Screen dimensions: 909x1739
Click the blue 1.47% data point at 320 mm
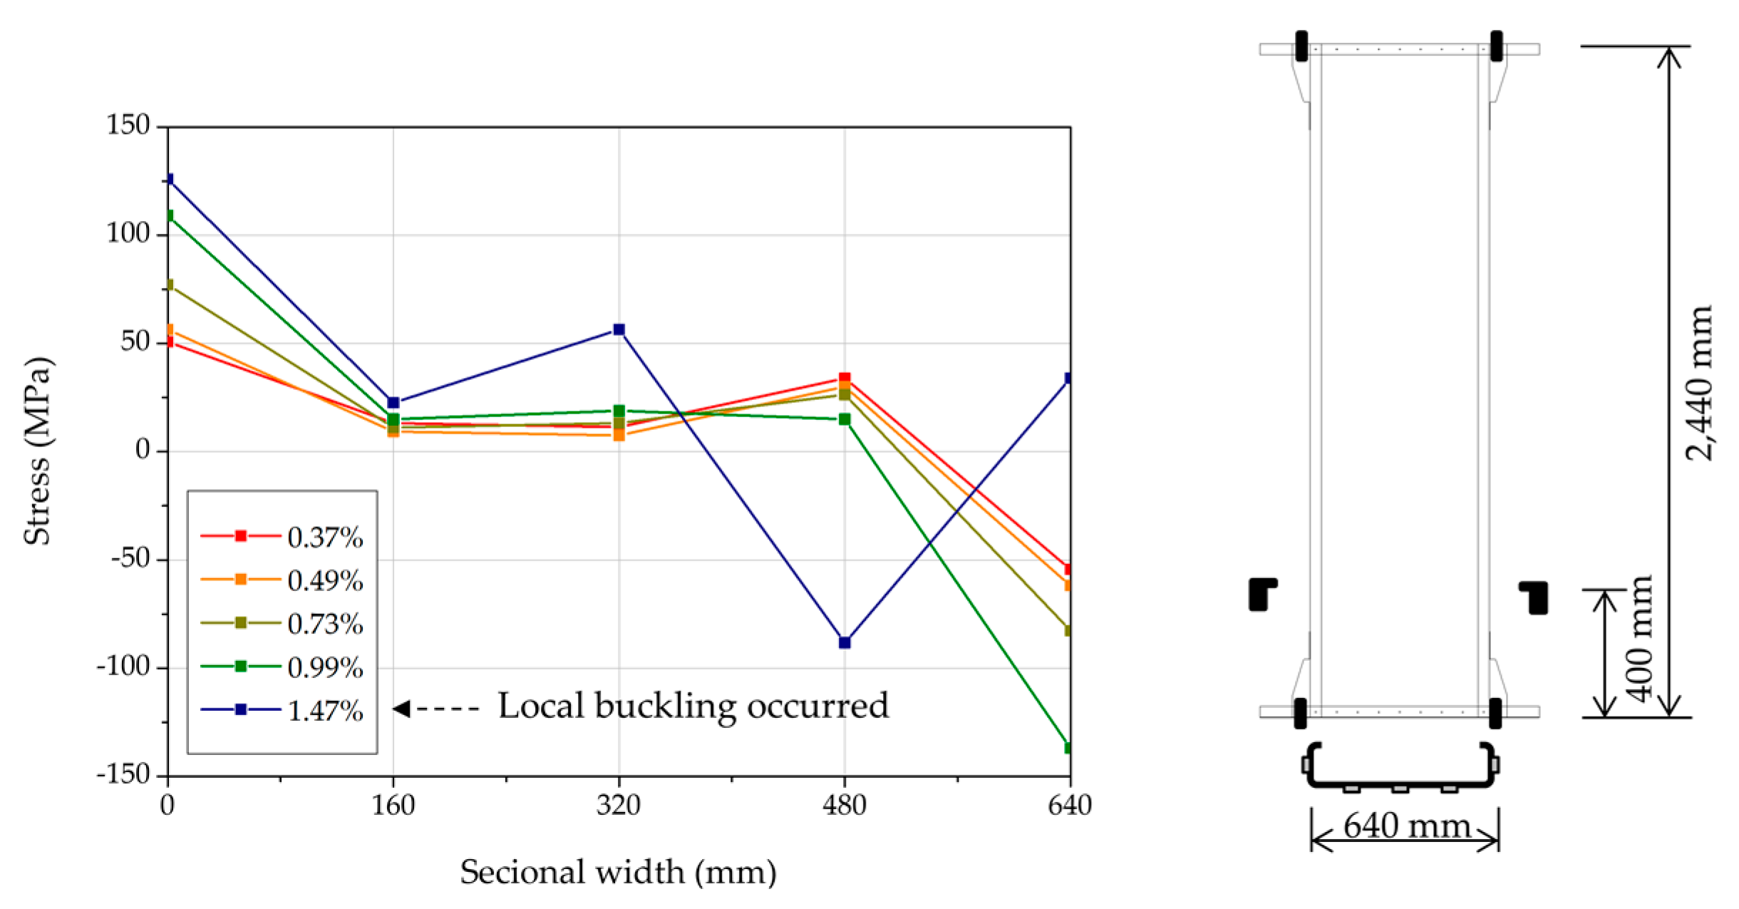click(x=619, y=329)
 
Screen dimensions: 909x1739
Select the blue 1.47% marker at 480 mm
click(x=845, y=642)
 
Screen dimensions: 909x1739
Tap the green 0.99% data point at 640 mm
click(x=1068, y=748)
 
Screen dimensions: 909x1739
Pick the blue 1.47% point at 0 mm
click(x=169, y=179)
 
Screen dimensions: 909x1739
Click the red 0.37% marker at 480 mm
click(x=845, y=378)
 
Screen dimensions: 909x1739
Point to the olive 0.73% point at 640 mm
click(x=1068, y=630)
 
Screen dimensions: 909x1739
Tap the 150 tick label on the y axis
click(x=128, y=125)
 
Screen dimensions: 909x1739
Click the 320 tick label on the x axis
click(x=619, y=806)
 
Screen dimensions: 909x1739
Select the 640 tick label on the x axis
click(x=1070, y=806)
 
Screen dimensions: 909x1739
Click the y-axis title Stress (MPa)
click(x=38, y=451)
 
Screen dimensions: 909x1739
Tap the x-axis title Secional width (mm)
click(x=618, y=872)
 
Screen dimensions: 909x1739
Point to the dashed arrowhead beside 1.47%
click(x=402, y=709)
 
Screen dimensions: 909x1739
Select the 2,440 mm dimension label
click(x=1699, y=383)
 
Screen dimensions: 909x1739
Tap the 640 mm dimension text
click(x=1406, y=826)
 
